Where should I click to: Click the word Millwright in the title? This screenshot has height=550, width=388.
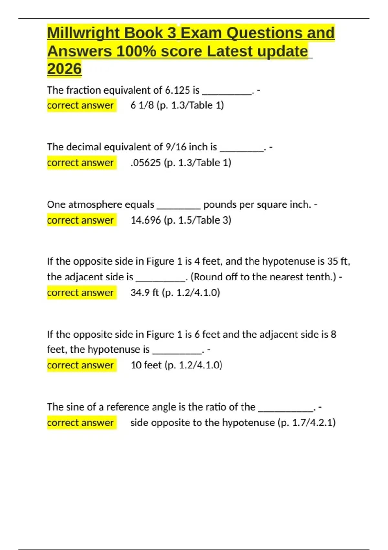coord(83,33)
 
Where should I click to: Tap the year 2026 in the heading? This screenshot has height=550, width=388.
coord(64,69)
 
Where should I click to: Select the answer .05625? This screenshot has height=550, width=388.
coord(145,162)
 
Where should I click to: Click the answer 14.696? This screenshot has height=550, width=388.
coord(145,220)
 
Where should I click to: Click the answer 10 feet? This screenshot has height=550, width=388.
coord(146,365)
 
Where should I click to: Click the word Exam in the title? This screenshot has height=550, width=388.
coord(201,33)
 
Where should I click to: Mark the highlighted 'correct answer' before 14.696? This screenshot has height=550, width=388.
coord(81,220)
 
